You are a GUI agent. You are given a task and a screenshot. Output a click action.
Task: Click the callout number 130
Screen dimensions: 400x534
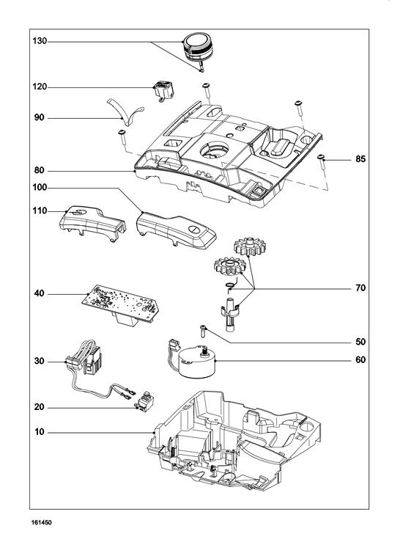[x=40, y=41]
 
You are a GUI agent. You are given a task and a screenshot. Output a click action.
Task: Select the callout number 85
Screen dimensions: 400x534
[x=360, y=159]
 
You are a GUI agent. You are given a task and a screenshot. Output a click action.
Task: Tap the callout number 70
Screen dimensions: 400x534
[x=360, y=288]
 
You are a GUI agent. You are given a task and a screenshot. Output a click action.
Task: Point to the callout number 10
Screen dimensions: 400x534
[x=40, y=432]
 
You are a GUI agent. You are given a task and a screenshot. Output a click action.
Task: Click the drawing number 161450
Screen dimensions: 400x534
[x=42, y=522]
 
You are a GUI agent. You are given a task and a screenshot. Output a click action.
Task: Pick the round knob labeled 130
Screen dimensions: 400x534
[x=198, y=48]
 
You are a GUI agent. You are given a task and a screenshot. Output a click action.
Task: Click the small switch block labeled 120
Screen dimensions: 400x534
[x=163, y=89]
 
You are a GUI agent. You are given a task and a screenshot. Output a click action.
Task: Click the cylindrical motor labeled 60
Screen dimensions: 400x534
[x=196, y=362]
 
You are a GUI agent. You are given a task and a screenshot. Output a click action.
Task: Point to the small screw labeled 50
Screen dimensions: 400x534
[x=203, y=331]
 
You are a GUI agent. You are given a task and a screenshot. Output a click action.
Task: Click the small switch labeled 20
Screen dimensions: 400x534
[x=145, y=401]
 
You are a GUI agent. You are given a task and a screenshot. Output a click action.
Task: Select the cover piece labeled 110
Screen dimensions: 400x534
[x=92, y=223]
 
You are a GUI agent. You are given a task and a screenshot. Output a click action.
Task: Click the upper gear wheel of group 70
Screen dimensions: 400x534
[x=250, y=246]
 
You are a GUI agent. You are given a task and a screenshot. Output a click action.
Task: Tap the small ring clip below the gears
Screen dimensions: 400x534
[x=231, y=286]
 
